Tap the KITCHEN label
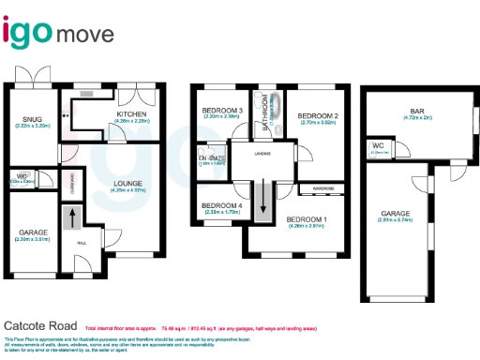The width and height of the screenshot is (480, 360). point(132,114)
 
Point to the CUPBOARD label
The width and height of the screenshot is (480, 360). point(74,185)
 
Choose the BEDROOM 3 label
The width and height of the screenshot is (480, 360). point(222,111)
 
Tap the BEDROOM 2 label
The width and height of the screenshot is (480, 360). point(317,116)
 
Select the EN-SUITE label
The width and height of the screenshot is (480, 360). point(212,157)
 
